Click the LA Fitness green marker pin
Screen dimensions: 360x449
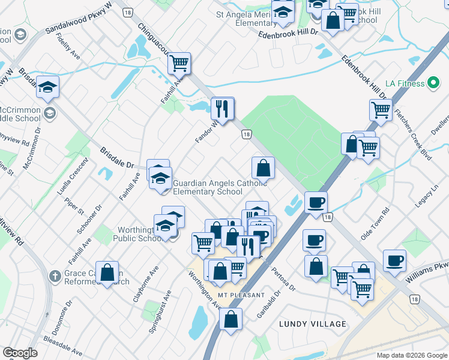coord(434,83)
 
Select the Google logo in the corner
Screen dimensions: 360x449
coord(20,353)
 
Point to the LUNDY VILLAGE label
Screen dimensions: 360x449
coord(313,324)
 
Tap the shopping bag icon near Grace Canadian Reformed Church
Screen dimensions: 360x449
coord(107,273)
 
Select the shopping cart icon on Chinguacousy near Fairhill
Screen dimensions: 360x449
coord(179,62)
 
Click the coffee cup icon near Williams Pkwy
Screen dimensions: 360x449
coord(394,260)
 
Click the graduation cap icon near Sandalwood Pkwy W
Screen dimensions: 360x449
coord(47,88)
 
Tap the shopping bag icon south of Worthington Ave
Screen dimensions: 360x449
coord(231,320)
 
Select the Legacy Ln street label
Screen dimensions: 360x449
coord(427,197)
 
